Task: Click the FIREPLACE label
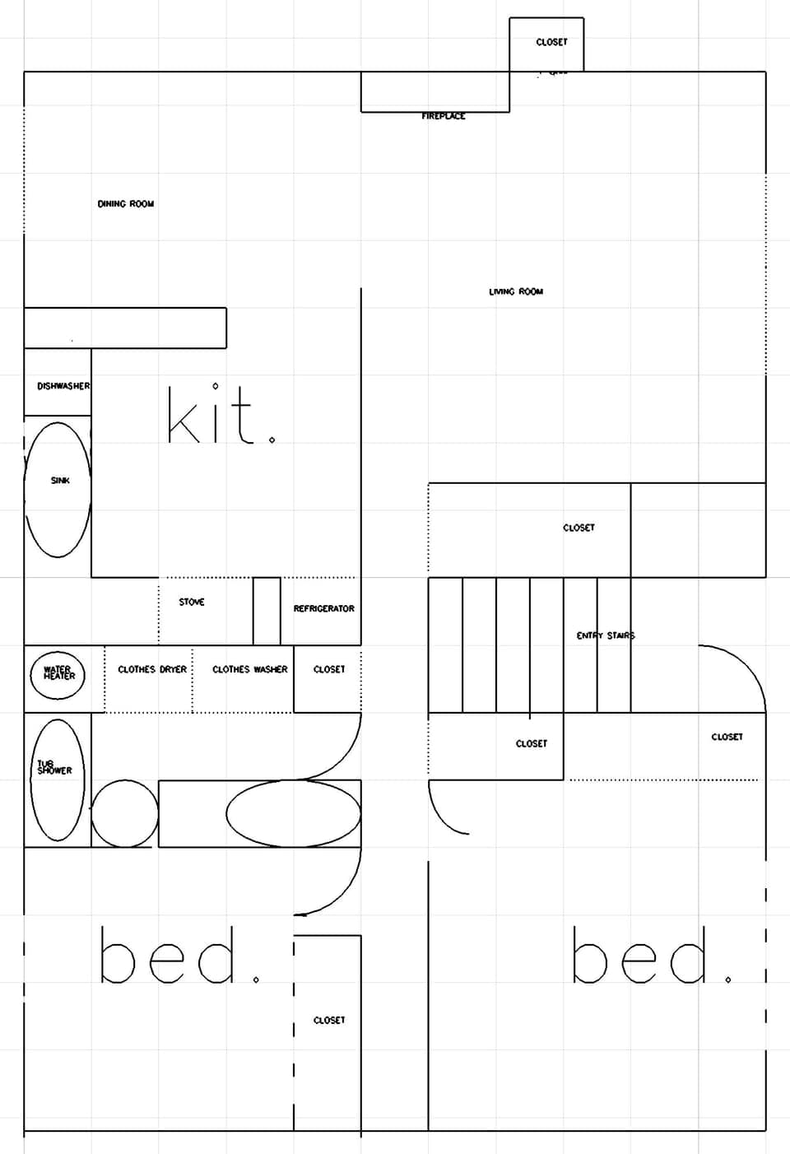click(444, 116)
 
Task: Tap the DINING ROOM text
click(126, 203)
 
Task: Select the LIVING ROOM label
click(516, 291)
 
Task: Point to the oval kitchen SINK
click(58, 489)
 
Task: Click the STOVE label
click(192, 602)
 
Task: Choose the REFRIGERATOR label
click(323, 608)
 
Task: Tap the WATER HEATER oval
click(58, 674)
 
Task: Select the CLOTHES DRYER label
click(152, 669)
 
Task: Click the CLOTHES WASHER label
click(250, 669)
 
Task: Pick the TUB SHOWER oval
click(58, 779)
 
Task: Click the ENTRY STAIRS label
click(605, 635)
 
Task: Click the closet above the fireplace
click(547, 43)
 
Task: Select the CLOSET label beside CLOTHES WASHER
click(329, 669)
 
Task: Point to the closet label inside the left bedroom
click(329, 1020)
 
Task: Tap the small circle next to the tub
click(124, 813)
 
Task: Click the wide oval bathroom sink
click(294, 813)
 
